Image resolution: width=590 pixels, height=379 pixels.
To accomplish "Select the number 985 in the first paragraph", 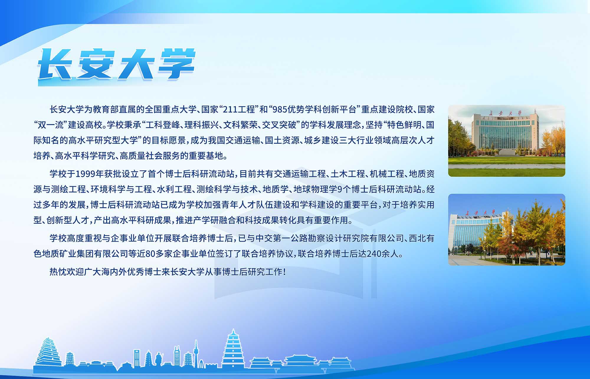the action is (280, 110).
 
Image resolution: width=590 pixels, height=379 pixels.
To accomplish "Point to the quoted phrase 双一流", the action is (51, 125).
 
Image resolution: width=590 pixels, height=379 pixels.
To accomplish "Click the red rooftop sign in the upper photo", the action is (505, 113).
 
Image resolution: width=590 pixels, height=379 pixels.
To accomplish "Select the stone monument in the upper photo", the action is (507, 152).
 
